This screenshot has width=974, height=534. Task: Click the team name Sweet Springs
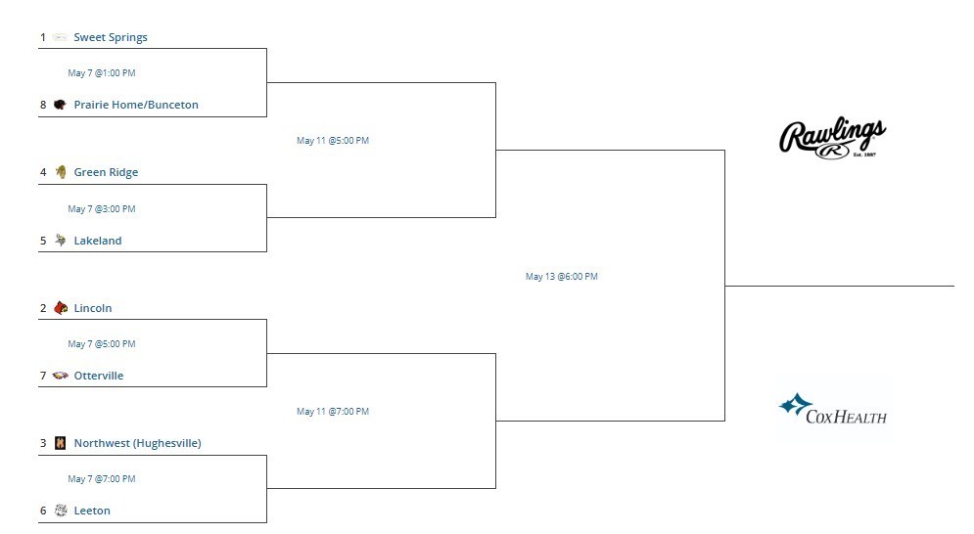(111, 37)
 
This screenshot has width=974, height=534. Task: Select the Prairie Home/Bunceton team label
(136, 105)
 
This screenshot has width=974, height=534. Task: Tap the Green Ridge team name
(107, 172)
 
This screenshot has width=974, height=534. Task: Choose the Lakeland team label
(98, 241)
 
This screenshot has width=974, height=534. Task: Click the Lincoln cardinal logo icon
(61, 307)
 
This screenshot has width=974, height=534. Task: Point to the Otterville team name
(99, 376)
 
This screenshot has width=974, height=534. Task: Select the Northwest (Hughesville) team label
(137, 443)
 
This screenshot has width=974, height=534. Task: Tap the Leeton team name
(92, 512)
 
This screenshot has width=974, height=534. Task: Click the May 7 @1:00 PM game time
(101, 73)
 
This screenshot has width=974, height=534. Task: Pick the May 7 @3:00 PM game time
(101, 209)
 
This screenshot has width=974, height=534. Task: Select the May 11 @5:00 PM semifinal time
(332, 141)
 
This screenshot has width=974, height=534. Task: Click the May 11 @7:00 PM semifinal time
(332, 412)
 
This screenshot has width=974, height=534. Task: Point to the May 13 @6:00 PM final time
(562, 277)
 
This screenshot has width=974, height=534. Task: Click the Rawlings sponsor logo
(832, 137)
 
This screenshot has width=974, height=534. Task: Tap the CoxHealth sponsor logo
(832, 409)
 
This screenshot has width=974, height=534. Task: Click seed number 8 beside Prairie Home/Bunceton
(43, 105)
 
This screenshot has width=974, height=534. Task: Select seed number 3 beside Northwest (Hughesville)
(43, 443)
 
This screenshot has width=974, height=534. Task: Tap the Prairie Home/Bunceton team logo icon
(60, 105)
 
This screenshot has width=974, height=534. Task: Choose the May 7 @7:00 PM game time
(101, 479)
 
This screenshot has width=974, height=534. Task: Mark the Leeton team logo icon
(61, 511)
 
